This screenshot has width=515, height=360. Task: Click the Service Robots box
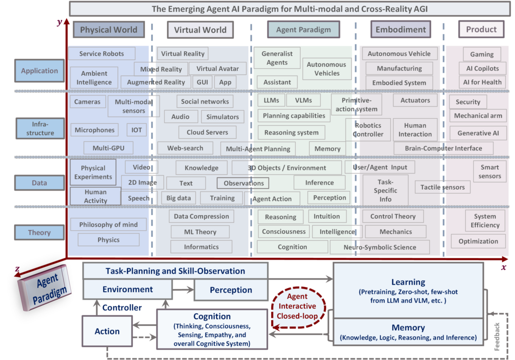102,54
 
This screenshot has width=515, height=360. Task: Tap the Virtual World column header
200,30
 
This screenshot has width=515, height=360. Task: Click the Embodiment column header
400,30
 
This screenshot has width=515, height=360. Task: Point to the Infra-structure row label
40,128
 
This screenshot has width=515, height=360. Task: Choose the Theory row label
40,233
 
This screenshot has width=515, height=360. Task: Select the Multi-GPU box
108,148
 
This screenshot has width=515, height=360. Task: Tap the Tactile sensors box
443,188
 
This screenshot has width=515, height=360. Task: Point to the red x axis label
503,267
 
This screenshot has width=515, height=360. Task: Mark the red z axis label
18,269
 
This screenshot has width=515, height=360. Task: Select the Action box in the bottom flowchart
107,331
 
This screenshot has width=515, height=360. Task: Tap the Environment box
128,290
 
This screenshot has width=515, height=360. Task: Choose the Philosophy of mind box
108,225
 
